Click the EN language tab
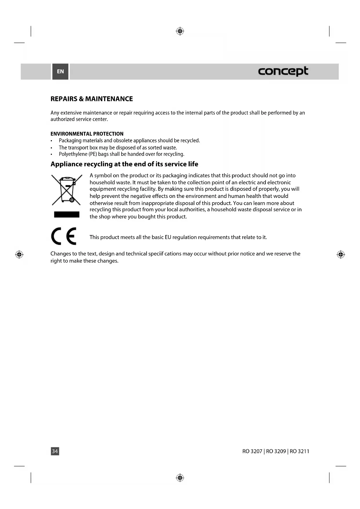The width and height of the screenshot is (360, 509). coord(60,71)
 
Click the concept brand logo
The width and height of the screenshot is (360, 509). coord(283,71)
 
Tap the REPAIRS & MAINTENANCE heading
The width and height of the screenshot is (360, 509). coord(92,99)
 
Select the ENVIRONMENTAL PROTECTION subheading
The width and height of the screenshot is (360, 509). coord(87,134)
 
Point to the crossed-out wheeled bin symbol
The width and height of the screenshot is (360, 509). coord(67,190)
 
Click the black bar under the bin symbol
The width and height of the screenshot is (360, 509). coord(67,214)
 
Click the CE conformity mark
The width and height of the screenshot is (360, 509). coord(64,236)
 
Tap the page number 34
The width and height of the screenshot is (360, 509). coord(55,451)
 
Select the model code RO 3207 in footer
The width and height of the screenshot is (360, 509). coord(252,451)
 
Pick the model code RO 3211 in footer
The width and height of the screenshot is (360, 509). coord(299,451)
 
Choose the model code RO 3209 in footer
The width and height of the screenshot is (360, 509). coord(276,451)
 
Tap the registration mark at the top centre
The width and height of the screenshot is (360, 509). coord(180,31)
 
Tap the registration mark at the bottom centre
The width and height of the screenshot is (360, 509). coord(180,478)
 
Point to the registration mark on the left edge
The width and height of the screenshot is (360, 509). coord(19,255)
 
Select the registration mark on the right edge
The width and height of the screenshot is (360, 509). coord(341,255)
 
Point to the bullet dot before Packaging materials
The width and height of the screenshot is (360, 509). coord(52,141)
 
